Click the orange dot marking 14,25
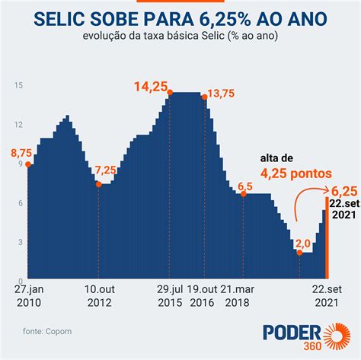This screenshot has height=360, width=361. coord(170,93)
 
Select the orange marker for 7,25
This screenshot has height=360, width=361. coord(99,184)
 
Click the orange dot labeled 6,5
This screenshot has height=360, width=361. coord(244,194)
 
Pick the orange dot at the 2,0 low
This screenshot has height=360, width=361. coord(299,253)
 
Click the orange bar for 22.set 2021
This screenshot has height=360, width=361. coord(327,237)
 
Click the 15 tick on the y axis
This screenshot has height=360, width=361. coord(18,85)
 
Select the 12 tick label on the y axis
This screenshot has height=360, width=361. coord(18,125)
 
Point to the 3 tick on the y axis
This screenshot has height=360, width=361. coord(21,242)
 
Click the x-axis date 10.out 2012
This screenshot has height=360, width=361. coord(100,296)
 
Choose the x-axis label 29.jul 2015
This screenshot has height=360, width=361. coord(170,296)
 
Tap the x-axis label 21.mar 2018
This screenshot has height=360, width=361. coord(237,296)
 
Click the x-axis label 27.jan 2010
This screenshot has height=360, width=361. coord(29,296)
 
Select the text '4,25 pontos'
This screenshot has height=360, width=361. coord(296,174)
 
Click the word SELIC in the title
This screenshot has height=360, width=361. coord(59,19)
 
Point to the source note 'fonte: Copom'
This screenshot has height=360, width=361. coord(47,331)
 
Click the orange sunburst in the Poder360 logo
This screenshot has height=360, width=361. coord(337,336)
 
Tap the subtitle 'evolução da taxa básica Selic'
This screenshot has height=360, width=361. coord(154,36)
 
